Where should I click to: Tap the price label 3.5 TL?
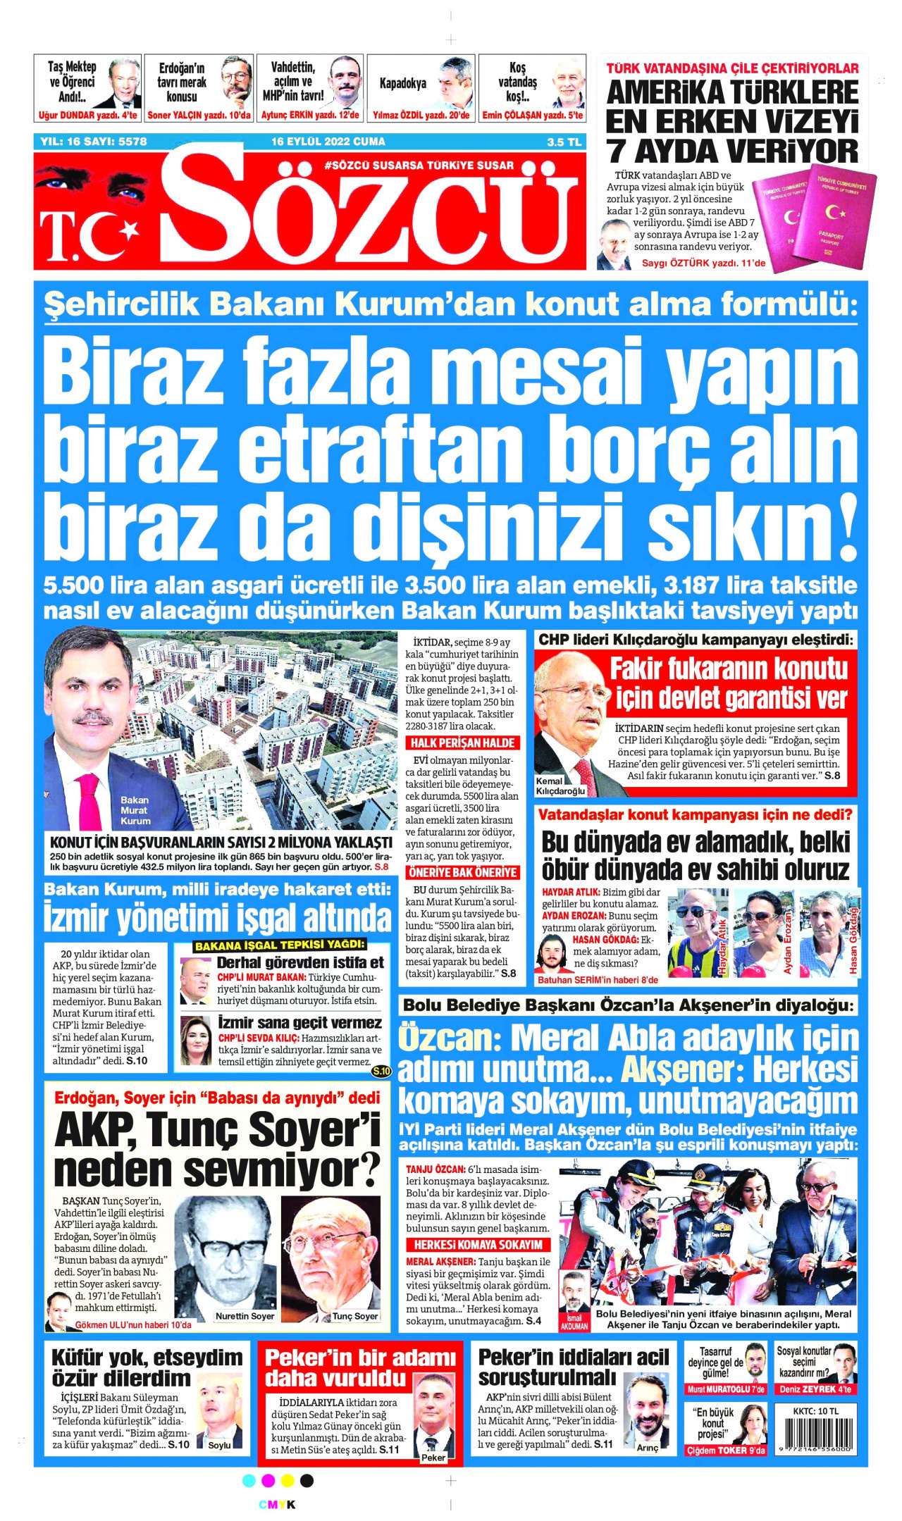[564, 142]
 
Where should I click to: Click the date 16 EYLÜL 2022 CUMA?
[328, 142]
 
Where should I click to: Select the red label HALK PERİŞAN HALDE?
[462, 743]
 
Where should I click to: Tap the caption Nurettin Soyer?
[245, 1316]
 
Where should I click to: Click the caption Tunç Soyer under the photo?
[355, 1316]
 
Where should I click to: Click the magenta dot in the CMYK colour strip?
[268, 1480]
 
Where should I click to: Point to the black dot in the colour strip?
[307, 1480]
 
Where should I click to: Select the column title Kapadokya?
[402, 83]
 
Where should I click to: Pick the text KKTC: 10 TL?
[815, 1410]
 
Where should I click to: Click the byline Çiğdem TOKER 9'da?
[725, 1451]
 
